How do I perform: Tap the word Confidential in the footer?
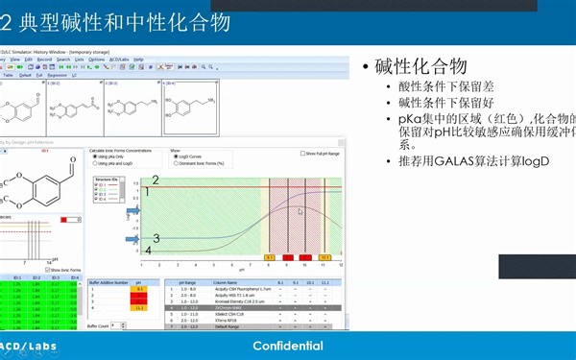tap(288, 346)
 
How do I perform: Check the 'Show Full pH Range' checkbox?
tap(304, 153)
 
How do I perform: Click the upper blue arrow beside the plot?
tap(133, 191)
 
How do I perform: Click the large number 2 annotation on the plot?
tap(156, 180)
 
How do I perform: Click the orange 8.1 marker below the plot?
tap(269, 257)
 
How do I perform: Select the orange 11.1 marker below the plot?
tap(324, 257)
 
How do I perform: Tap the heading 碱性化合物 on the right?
tap(421, 67)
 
